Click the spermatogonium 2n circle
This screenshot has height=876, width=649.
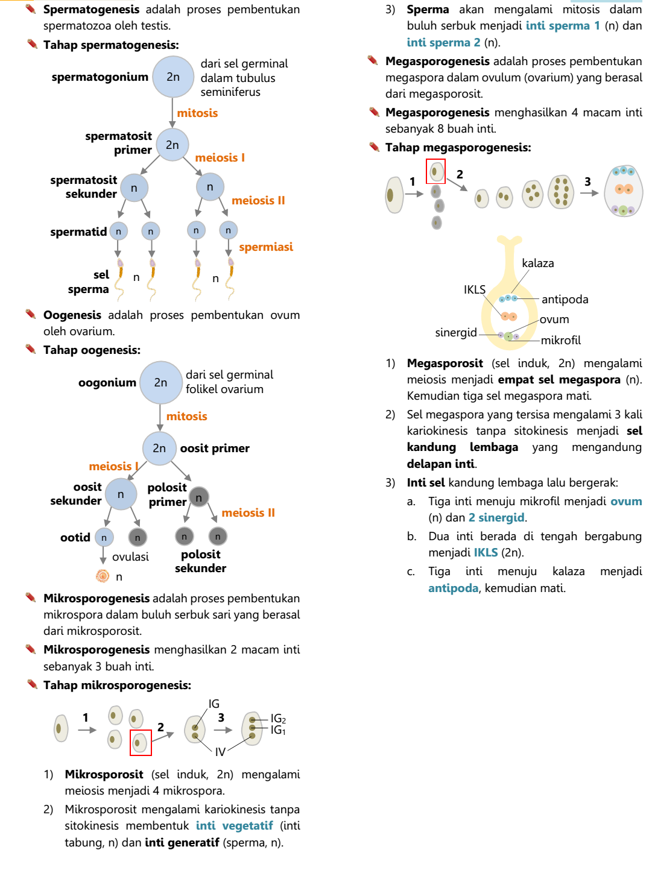click(173, 77)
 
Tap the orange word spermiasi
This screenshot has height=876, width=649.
click(266, 247)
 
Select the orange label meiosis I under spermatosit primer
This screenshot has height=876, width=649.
click(220, 157)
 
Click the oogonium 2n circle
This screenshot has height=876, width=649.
click(160, 382)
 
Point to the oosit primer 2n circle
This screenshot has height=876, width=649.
click(159, 448)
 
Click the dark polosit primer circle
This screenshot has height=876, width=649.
click(199, 497)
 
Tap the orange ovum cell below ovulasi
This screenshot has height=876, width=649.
click(103, 576)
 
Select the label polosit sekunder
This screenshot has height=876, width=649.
click(200, 561)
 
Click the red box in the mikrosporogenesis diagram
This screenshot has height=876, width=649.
click(141, 742)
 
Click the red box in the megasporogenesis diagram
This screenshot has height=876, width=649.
click(435, 171)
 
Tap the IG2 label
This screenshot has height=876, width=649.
click(278, 718)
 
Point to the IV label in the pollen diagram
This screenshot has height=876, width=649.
click(220, 752)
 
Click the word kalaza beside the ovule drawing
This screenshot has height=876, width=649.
click(537, 263)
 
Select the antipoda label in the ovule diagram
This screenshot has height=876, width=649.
click(565, 299)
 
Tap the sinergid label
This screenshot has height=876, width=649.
click(455, 332)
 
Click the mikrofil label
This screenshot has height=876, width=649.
click(560, 340)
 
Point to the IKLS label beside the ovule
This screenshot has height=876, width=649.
click(474, 289)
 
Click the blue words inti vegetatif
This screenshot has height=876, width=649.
click(234, 825)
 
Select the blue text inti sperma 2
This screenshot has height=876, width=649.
click(443, 42)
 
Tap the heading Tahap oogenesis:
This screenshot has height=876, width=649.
click(92, 350)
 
